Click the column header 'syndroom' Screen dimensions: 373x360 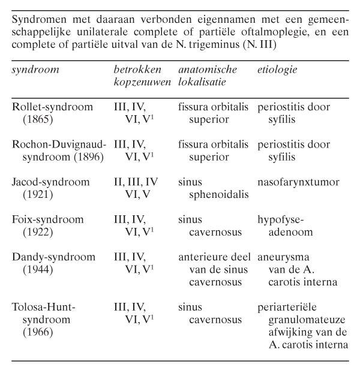pos(35,70)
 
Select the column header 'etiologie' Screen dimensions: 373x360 pos(277,70)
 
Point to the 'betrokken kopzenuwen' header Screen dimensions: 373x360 pos(142,76)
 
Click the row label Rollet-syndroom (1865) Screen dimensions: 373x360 pos(53,113)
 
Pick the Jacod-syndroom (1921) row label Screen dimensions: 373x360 pos(51,188)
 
